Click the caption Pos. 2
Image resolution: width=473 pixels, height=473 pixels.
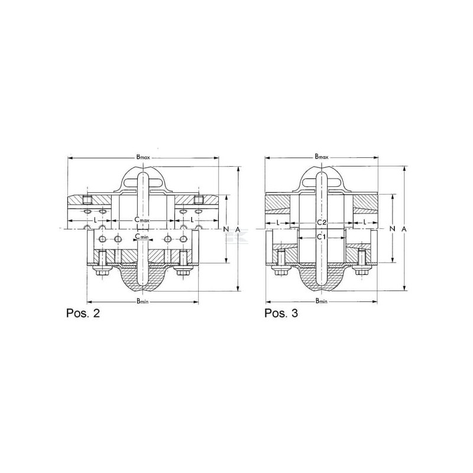pyautogui.click(x=83, y=313)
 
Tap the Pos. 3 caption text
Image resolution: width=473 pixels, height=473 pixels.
pyautogui.click(x=281, y=313)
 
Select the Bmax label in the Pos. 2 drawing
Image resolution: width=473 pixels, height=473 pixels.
pyautogui.click(x=143, y=157)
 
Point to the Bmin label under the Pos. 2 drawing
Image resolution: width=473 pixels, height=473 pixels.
pyautogui.click(x=142, y=301)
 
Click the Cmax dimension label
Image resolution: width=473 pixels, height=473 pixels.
pyautogui.click(x=142, y=220)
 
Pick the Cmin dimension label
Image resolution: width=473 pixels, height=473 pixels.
pyautogui.click(x=141, y=237)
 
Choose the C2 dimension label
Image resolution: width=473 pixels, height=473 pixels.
pyautogui.click(x=322, y=223)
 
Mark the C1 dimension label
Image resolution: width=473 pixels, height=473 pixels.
pyautogui.click(x=321, y=237)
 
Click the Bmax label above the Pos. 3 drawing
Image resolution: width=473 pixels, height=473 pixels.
pyautogui.click(x=322, y=156)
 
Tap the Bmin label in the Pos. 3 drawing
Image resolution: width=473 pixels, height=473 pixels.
pyautogui.click(x=322, y=301)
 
